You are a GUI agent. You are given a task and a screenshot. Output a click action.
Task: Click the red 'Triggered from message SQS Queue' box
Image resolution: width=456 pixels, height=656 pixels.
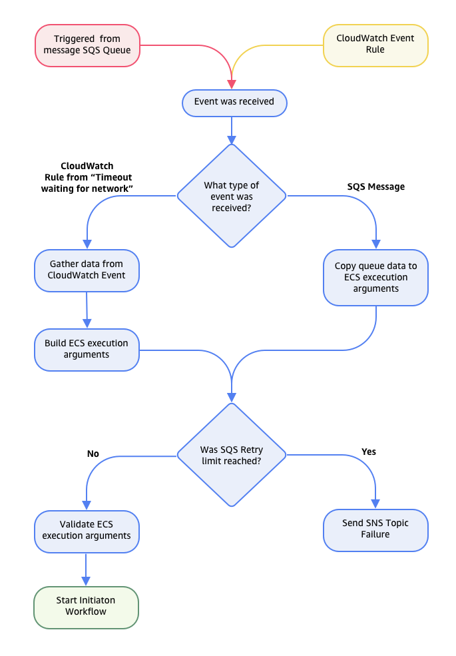87,45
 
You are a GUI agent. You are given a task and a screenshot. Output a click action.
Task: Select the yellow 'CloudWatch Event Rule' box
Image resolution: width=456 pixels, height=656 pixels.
375,45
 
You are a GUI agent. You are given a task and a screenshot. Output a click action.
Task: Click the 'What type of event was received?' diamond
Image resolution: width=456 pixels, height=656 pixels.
231,196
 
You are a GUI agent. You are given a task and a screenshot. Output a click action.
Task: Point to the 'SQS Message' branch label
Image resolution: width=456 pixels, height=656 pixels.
376,186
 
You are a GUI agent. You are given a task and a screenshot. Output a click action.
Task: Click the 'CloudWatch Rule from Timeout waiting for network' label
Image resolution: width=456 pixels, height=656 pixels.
87,177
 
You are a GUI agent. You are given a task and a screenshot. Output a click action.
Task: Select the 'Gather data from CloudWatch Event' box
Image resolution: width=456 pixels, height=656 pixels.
87,270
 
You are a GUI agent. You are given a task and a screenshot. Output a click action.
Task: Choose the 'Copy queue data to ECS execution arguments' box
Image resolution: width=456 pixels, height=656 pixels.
375,277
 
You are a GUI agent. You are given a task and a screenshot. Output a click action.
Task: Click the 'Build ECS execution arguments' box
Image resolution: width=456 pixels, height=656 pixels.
87,350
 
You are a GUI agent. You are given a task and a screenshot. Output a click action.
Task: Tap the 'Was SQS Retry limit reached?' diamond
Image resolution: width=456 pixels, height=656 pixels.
231,455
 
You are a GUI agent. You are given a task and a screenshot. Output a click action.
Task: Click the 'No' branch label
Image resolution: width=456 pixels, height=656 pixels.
93,454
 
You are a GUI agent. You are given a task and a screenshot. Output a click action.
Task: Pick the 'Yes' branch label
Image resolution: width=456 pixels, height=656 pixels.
368,452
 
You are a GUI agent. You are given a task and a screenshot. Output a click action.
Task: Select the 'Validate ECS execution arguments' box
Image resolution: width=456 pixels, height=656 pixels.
87,530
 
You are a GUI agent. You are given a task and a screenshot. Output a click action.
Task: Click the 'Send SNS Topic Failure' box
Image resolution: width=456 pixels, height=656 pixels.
375,529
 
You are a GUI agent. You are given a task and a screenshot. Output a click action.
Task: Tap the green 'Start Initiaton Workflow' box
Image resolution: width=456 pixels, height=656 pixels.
87,606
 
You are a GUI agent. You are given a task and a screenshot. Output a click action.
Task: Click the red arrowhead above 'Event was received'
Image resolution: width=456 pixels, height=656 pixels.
231,84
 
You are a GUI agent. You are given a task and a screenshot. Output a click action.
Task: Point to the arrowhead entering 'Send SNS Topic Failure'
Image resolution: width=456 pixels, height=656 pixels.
375,504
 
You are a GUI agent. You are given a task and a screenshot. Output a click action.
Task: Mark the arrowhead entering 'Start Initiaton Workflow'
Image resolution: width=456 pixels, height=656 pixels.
87,580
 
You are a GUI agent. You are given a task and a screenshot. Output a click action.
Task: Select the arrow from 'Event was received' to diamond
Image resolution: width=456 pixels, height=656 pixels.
231,130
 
